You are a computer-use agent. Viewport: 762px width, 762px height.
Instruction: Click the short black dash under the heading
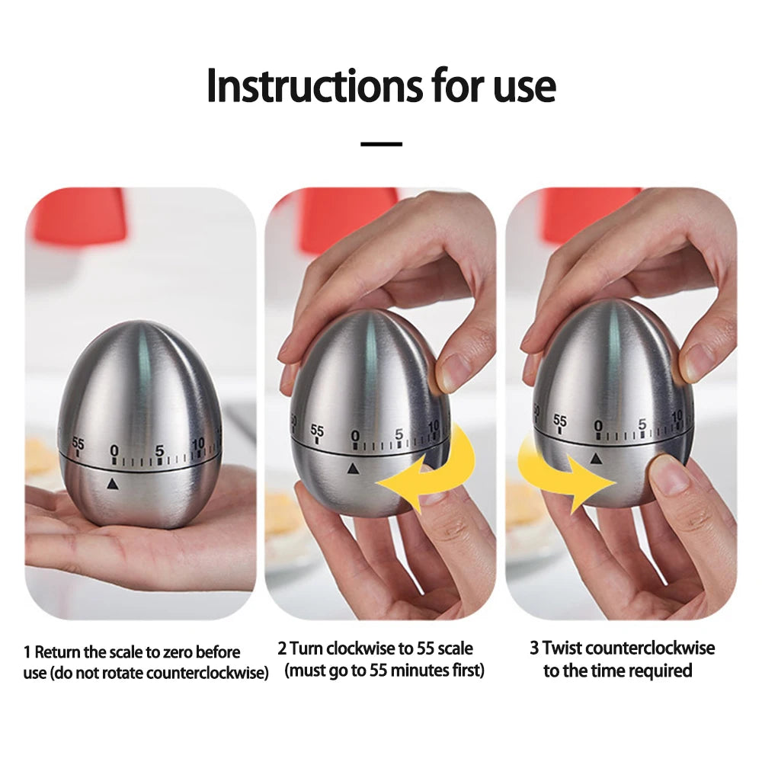pyautogui.click(x=381, y=143)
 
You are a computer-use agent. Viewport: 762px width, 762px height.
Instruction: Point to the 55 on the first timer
pyautogui.click(x=78, y=443)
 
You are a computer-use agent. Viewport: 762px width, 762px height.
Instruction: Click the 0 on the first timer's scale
pyautogui.click(x=114, y=451)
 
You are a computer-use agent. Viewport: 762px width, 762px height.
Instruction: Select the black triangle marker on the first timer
pyautogui.click(x=113, y=483)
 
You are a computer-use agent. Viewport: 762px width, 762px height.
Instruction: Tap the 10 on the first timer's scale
pyautogui.click(x=198, y=443)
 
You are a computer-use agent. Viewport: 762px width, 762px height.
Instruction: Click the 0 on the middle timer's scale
pyautogui.click(x=354, y=436)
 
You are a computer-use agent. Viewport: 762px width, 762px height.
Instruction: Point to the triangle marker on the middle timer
pyautogui.click(x=352, y=468)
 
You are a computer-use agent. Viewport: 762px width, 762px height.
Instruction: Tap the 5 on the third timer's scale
pyautogui.click(x=642, y=424)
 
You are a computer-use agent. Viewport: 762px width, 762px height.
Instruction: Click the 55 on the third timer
pyautogui.click(x=560, y=421)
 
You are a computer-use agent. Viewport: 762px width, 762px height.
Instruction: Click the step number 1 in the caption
pyautogui.click(x=27, y=652)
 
